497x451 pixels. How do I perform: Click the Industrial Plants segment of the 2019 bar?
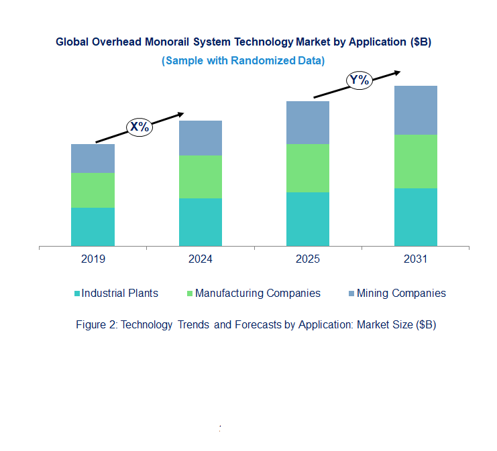click(x=93, y=227)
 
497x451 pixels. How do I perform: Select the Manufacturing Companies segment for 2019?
click(x=93, y=190)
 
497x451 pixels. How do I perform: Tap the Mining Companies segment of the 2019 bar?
click(x=93, y=158)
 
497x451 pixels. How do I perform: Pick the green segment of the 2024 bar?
click(x=200, y=177)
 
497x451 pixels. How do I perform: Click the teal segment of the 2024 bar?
click(x=200, y=222)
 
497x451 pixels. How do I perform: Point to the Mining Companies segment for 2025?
click(x=308, y=123)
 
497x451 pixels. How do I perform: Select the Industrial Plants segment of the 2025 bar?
click(x=308, y=219)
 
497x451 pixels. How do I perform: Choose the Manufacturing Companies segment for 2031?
click(x=415, y=162)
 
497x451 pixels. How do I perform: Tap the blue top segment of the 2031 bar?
click(x=415, y=110)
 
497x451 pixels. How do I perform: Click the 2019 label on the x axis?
click(x=93, y=259)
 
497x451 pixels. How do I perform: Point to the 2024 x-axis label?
click(x=200, y=259)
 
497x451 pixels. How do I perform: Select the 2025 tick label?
click(x=308, y=259)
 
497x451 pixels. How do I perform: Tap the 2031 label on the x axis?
click(x=415, y=259)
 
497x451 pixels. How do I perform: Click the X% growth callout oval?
click(x=140, y=126)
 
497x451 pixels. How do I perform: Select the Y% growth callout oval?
click(x=360, y=80)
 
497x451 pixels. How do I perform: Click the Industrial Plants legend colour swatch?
click(x=77, y=294)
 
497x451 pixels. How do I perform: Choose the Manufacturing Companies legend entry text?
click(x=258, y=293)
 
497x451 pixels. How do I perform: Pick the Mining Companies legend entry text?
click(x=401, y=293)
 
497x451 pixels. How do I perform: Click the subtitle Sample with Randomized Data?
click(x=243, y=60)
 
